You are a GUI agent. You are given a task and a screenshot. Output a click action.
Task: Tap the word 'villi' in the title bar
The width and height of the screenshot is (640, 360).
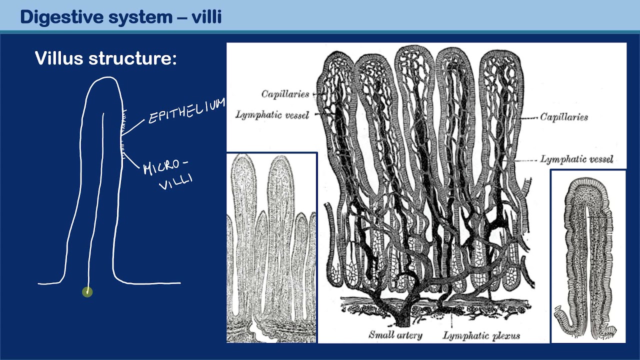coord(206,17)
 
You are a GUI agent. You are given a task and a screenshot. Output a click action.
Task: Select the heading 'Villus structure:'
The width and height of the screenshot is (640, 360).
coord(106,59)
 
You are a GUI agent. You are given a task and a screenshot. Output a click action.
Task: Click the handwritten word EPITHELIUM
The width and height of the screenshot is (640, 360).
coord(186,110)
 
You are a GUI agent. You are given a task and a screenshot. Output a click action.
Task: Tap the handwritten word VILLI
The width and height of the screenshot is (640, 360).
coord(176,182)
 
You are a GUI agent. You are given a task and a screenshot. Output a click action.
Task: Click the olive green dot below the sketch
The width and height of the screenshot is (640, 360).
coord(87,291)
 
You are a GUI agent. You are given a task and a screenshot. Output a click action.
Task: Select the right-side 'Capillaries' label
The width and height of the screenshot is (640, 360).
coord(563,117)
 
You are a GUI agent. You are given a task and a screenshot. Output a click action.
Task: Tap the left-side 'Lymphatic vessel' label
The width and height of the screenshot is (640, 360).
coord(272,115)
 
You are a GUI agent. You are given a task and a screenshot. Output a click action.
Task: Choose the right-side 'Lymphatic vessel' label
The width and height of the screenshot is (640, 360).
coord(576,159)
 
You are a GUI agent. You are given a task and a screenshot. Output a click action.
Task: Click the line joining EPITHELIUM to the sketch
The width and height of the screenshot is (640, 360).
coord(133,127)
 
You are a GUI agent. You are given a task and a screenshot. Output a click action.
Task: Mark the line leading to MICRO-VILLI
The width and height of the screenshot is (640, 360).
coord(132,160)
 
